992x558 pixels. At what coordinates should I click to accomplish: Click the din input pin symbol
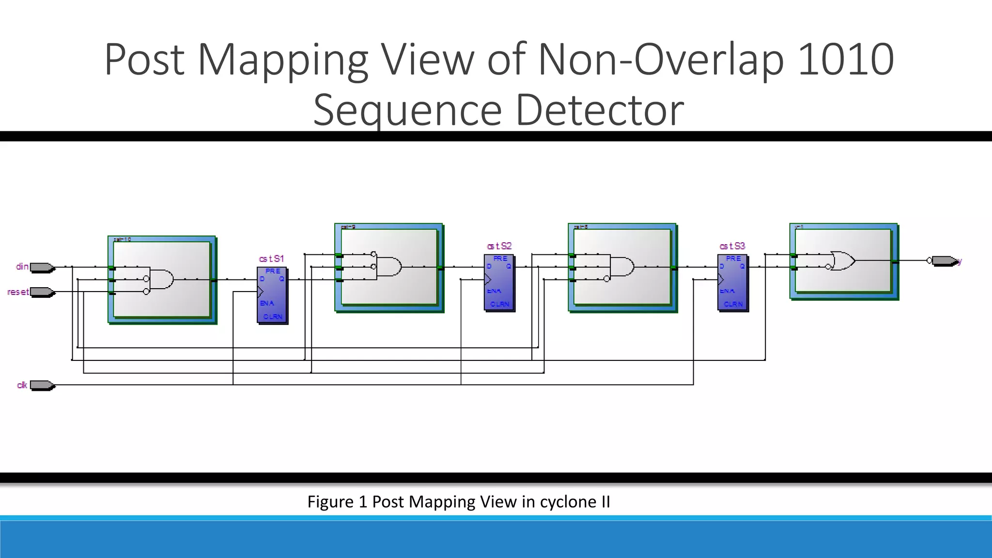[x=43, y=267]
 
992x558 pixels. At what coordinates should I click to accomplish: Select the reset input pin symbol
[x=43, y=292]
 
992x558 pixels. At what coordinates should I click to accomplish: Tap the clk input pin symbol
[x=43, y=386]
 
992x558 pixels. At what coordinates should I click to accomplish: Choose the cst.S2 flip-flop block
[x=499, y=282]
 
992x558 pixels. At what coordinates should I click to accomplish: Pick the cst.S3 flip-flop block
[x=732, y=282]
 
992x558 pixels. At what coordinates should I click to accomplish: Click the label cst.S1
[x=271, y=259]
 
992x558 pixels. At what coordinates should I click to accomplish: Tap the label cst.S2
[x=499, y=247]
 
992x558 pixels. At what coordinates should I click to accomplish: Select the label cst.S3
[x=732, y=247]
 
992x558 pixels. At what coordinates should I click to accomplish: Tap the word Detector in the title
[x=600, y=110]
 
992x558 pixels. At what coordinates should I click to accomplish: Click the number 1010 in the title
[x=845, y=60]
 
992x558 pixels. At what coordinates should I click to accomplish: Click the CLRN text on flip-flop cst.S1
[x=273, y=317]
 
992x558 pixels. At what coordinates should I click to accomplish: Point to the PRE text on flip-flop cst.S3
[x=733, y=259]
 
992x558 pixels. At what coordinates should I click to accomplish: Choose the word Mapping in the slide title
[x=283, y=60]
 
